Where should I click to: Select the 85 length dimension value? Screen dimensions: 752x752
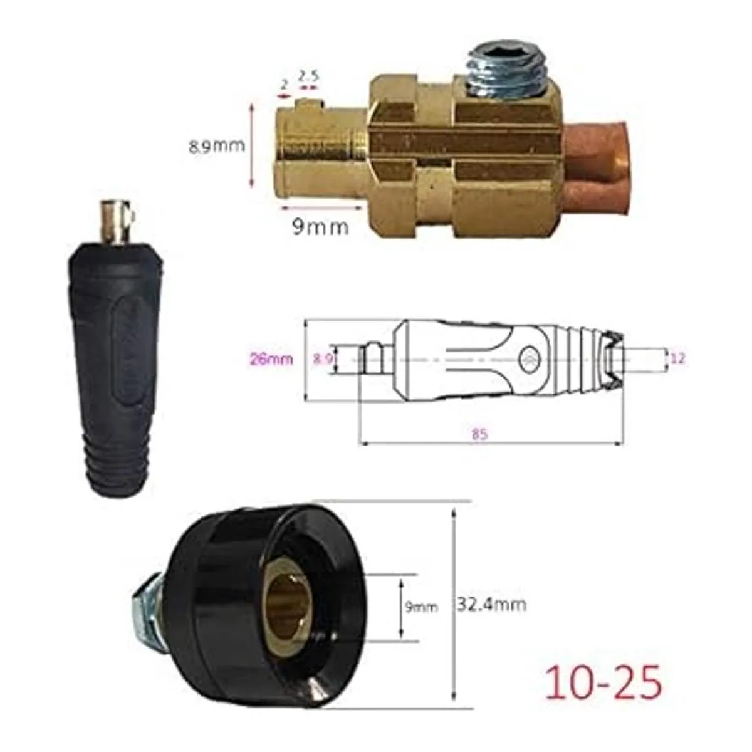[x=479, y=434]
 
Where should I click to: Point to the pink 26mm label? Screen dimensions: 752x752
[x=271, y=358]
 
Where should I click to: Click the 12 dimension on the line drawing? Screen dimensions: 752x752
[x=678, y=358]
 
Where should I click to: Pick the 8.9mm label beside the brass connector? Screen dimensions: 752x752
[x=217, y=146]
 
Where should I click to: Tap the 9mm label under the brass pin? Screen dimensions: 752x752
[x=320, y=227]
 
